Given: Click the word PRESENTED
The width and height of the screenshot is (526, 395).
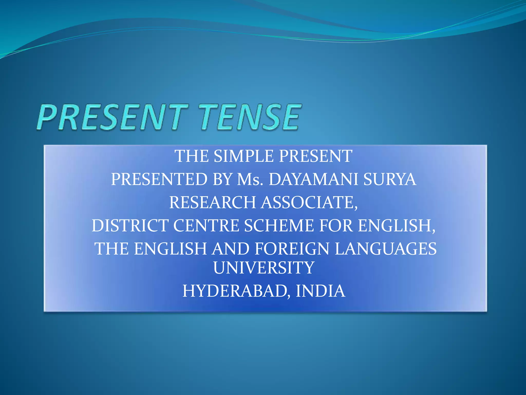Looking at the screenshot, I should [x=159, y=179].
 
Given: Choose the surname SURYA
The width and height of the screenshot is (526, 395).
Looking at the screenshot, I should [x=390, y=179].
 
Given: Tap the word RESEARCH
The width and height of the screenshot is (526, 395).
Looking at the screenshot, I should [x=212, y=202].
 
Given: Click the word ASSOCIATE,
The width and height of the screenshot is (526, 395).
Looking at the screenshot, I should [x=309, y=202].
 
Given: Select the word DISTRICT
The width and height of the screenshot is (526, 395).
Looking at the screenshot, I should [x=130, y=226].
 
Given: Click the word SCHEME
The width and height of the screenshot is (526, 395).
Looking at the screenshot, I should [x=279, y=226].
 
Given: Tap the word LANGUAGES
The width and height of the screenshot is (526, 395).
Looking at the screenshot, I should [x=386, y=249].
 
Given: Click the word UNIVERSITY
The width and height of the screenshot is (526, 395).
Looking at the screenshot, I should [x=264, y=268].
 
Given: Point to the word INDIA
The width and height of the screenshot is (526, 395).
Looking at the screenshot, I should [x=320, y=291].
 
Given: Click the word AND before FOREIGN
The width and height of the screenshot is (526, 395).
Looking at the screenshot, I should [x=230, y=249].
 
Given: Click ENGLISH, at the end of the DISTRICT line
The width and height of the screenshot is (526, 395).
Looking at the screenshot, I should [x=397, y=226].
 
